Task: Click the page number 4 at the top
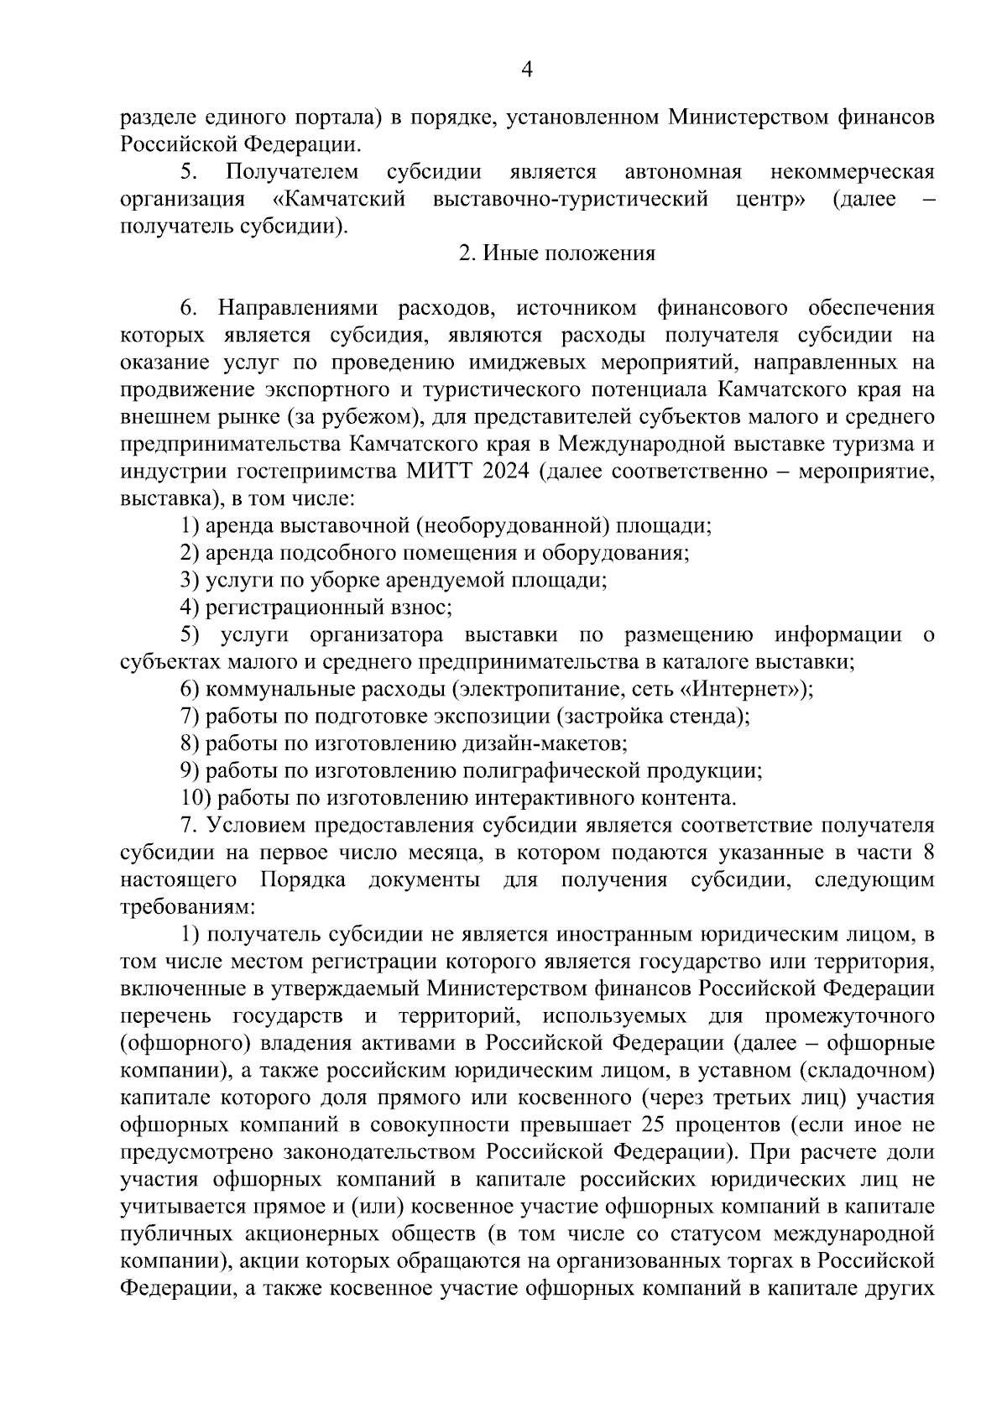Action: pos(526,70)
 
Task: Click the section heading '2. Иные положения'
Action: pos(556,253)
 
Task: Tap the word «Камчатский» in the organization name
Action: pos(340,199)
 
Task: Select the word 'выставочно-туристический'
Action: pos(571,199)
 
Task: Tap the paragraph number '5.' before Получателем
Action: pos(187,172)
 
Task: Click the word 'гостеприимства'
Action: pos(321,471)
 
